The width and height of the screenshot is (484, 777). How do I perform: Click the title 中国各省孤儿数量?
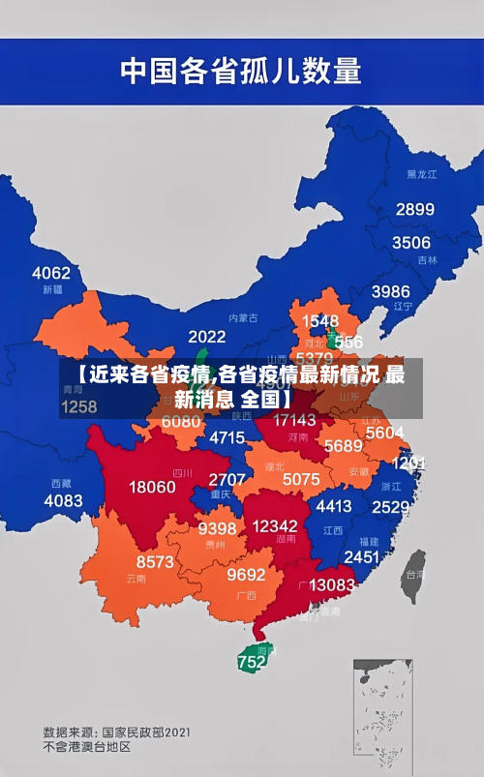[x=240, y=71]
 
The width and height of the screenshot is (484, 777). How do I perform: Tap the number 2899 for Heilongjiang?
[x=414, y=209]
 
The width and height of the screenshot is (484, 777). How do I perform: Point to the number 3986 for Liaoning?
[x=390, y=291]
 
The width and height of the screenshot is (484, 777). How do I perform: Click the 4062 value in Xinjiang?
[x=51, y=273]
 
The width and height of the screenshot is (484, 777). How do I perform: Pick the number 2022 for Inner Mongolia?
[x=206, y=337]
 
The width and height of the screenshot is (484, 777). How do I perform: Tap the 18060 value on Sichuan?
[x=152, y=487]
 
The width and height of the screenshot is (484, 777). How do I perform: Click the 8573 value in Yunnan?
[x=155, y=561]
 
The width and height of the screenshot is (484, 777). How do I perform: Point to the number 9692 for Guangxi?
[x=246, y=574]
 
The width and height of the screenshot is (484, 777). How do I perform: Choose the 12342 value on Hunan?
[x=274, y=525]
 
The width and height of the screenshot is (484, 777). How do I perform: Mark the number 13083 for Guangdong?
[x=332, y=584]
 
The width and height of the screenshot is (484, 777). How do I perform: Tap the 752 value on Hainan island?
[x=251, y=663]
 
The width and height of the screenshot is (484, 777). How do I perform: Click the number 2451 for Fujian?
[x=362, y=556]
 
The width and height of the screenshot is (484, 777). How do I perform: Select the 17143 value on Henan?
[x=294, y=420]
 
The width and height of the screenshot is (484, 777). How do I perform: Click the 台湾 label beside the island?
[x=413, y=573]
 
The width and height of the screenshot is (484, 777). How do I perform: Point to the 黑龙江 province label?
[x=422, y=174]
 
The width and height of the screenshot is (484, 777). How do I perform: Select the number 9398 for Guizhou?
[x=217, y=527]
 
